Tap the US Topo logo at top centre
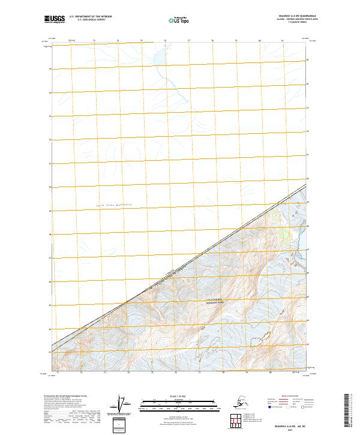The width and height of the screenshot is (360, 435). [179, 19]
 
